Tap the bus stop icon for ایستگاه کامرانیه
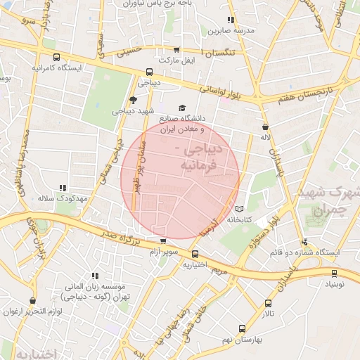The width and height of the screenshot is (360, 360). (x=56, y=58)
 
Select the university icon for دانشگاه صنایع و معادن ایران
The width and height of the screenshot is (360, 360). (x=183, y=109)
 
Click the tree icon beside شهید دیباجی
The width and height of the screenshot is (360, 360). (x=134, y=101)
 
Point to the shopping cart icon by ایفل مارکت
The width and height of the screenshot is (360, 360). (x=176, y=50)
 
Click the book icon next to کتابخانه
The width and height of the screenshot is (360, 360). (x=240, y=209)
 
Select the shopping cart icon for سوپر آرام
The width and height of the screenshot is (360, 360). (x=163, y=240)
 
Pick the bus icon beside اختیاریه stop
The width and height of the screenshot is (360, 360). (x=195, y=255)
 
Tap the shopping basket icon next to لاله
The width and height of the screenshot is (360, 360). (x=265, y=127)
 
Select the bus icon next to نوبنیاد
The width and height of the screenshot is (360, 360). (x=335, y=274)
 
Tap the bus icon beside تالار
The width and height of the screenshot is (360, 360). (x=269, y=303)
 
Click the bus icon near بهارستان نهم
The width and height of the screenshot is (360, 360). (x=242, y=328)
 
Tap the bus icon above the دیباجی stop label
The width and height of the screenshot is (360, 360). (x=149, y=72)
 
